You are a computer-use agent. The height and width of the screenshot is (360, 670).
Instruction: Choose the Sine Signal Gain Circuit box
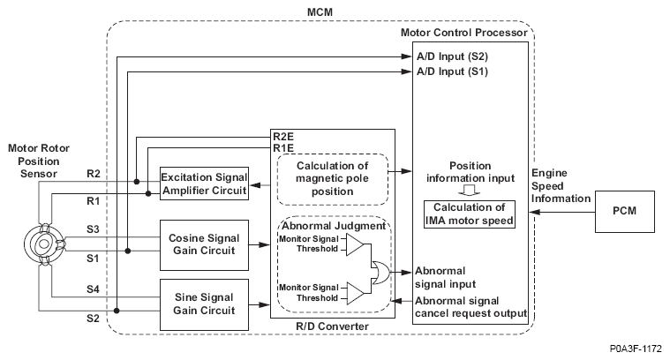coord(204,302)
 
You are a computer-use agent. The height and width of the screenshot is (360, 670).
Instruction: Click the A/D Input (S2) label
coord(452,56)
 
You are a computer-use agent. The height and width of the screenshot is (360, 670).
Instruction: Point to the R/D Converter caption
coord(333,327)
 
